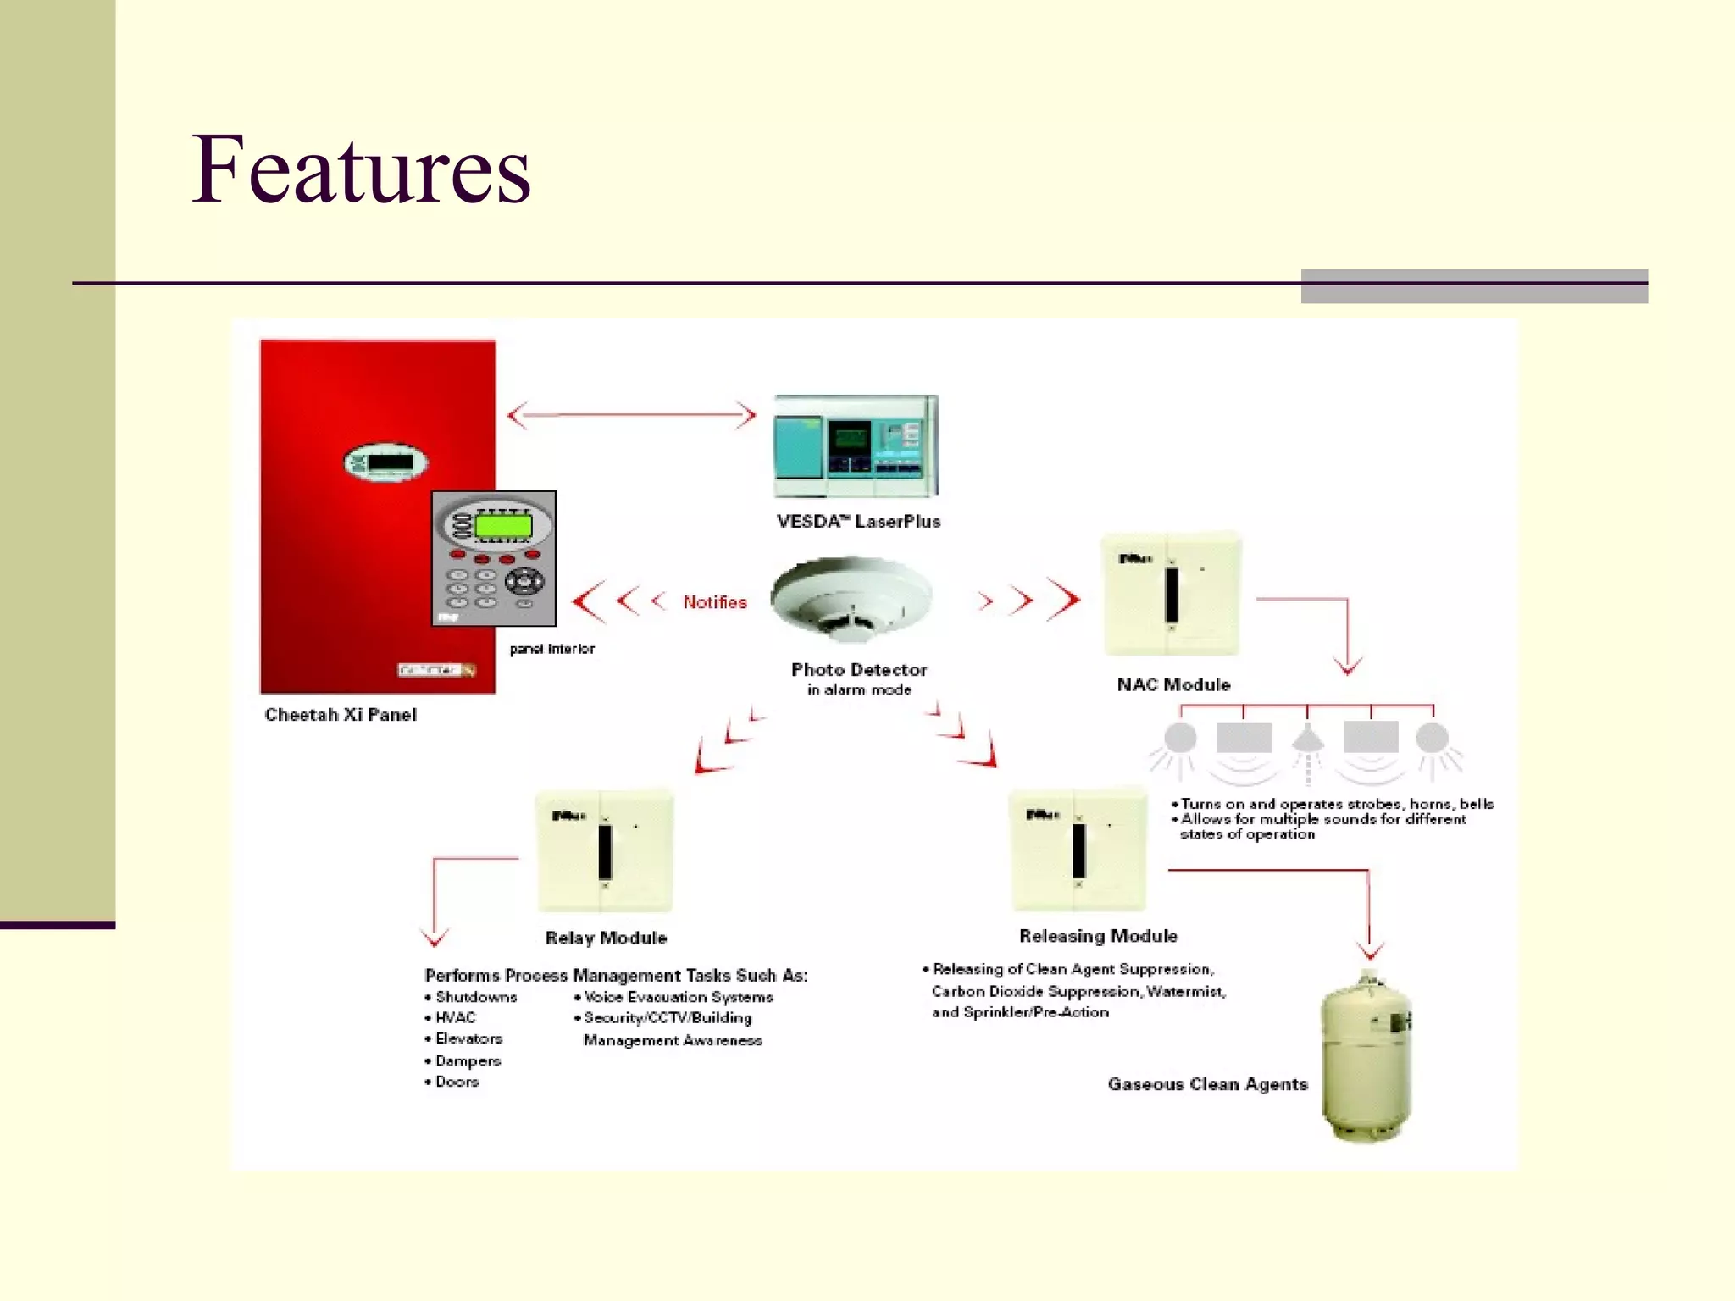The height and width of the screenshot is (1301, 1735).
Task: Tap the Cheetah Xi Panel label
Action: click(x=341, y=715)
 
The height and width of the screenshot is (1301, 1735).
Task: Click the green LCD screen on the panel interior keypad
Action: click(x=503, y=526)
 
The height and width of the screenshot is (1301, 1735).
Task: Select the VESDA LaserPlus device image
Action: click(x=856, y=446)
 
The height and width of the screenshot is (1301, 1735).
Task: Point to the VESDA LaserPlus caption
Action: click(x=858, y=522)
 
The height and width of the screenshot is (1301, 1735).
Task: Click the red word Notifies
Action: click(x=715, y=602)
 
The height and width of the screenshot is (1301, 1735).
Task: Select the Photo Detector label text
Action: click(x=859, y=670)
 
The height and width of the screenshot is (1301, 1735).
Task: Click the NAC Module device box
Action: click(x=1172, y=594)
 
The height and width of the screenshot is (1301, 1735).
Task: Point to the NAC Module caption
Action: click(x=1173, y=684)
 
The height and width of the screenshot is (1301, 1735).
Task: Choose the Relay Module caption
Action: click(x=606, y=938)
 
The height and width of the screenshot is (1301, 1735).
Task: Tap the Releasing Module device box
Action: click(x=1078, y=850)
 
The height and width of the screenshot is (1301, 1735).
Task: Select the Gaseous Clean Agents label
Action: click(x=1207, y=1085)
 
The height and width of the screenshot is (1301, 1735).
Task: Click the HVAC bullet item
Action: click(x=455, y=1018)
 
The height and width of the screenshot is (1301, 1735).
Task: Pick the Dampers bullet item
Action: click(x=467, y=1061)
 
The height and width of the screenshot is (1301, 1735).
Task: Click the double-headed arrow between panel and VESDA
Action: click(x=631, y=415)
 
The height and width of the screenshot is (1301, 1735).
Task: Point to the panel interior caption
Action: click(x=552, y=650)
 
